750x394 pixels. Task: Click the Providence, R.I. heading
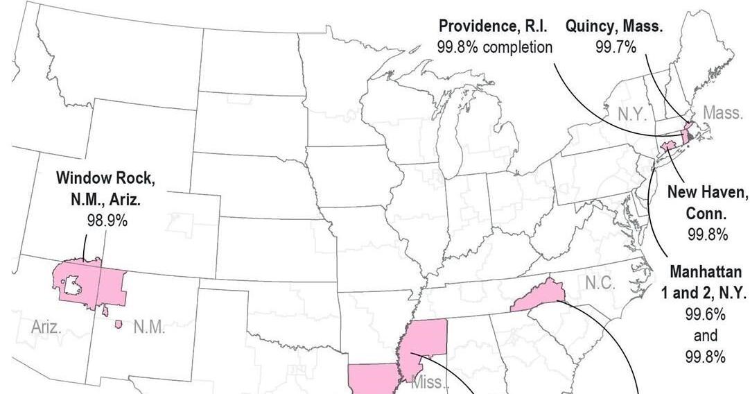(x=494, y=27)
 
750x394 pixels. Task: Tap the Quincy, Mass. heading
(x=613, y=27)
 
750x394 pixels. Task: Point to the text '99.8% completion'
(x=494, y=46)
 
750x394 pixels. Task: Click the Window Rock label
(x=105, y=178)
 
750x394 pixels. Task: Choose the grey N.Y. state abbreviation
(x=631, y=114)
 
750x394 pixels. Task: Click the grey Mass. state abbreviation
(x=722, y=112)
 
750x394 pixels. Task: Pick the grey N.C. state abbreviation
(x=600, y=283)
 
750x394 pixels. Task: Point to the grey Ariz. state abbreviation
(x=46, y=327)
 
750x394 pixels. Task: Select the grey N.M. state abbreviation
(x=148, y=327)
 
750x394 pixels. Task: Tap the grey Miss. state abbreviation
(x=430, y=382)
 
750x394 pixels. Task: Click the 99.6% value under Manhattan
(x=706, y=314)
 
